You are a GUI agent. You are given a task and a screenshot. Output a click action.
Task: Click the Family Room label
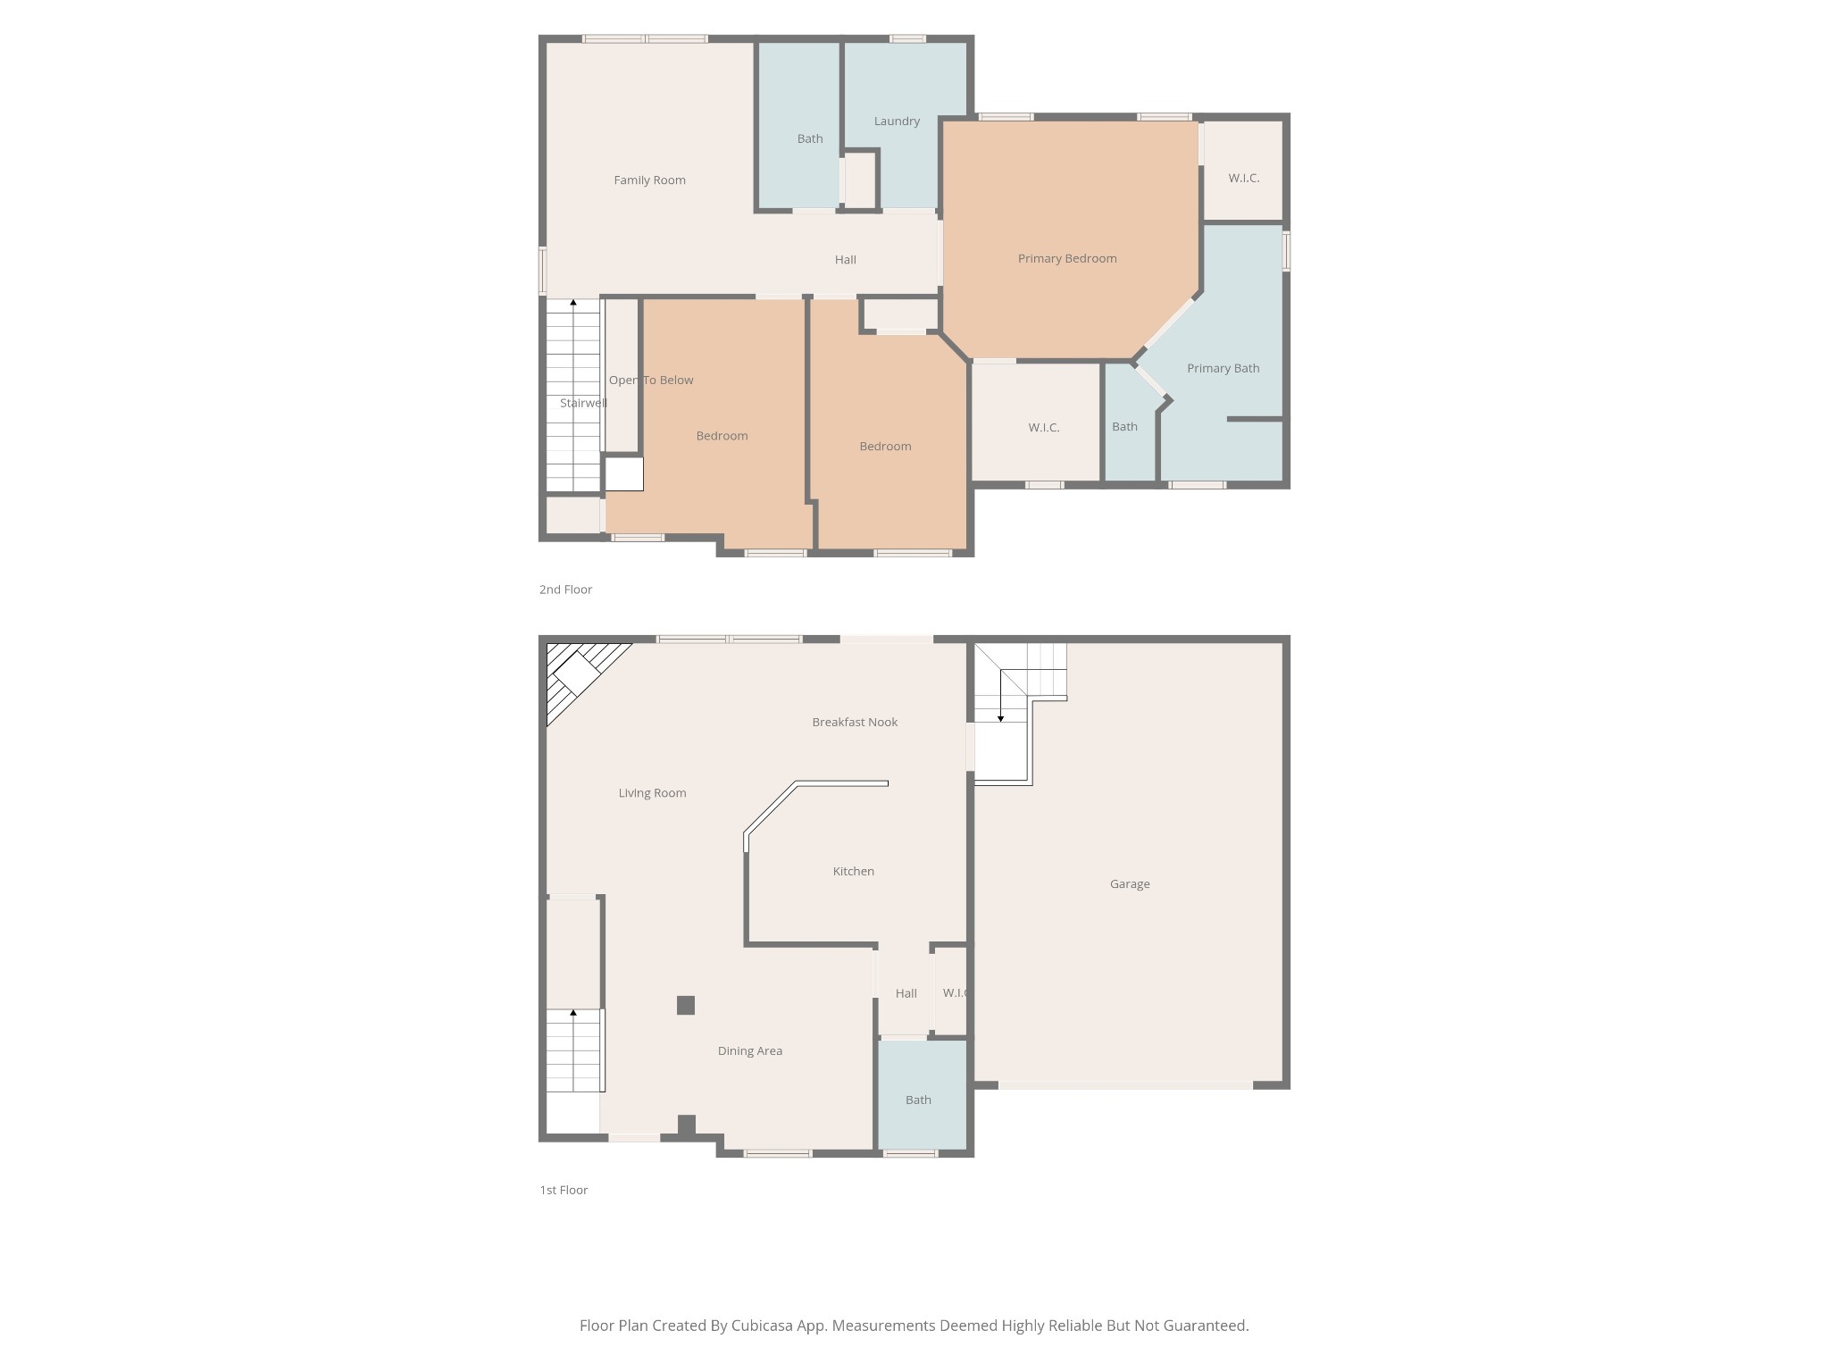click(649, 180)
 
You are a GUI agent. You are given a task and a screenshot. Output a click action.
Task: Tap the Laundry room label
click(897, 121)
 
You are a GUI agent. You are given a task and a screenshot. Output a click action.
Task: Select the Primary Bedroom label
click(1067, 259)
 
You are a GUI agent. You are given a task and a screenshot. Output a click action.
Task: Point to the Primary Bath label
click(1223, 368)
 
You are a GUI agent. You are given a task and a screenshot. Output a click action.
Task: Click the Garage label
click(1130, 884)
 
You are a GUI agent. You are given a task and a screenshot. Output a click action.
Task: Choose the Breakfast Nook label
click(855, 723)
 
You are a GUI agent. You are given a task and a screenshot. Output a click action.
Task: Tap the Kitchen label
click(853, 872)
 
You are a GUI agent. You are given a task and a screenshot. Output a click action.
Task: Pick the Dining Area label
click(749, 1051)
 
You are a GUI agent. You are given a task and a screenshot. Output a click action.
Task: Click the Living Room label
click(652, 793)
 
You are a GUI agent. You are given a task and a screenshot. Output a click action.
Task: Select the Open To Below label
click(651, 381)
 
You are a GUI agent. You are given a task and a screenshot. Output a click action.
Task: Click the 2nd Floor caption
click(565, 590)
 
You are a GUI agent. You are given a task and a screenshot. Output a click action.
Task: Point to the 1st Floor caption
click(564, 1190)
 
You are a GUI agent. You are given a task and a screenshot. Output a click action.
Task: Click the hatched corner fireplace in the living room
click(576, 673)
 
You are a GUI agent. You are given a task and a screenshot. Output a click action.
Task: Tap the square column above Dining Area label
click(686, 1005)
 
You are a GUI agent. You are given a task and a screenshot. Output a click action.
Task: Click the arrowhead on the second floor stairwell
click(573, 303)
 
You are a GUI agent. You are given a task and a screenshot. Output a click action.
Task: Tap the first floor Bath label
click(918, 1100)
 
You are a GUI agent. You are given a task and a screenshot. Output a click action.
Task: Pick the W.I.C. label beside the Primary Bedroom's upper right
click(1243, 179)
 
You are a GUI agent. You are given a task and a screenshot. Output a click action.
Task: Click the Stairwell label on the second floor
click(583, 404)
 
